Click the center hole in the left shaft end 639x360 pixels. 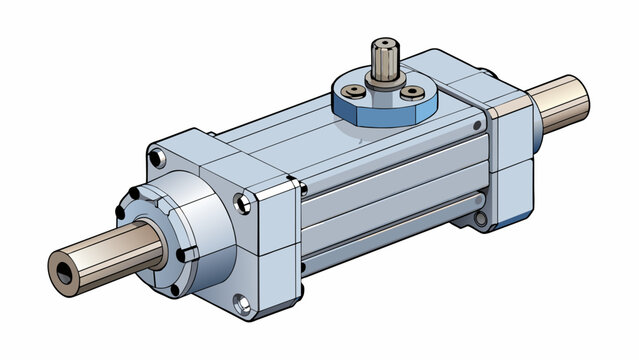(x=65, y=269)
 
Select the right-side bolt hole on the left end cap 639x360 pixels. (x=243, y=204)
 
